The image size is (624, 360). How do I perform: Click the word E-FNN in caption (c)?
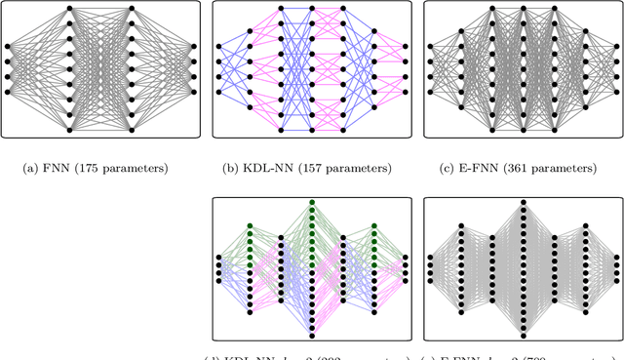[475, 168]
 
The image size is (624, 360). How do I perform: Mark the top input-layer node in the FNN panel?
[8, 46]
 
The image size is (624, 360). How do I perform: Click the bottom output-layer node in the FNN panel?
[193, 92]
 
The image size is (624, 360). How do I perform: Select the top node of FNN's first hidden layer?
[69, 9]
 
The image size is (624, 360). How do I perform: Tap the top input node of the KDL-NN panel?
[218, 46]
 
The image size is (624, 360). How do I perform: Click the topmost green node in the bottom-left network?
[312, 202]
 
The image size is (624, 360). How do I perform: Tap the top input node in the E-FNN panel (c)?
[429, 46]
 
